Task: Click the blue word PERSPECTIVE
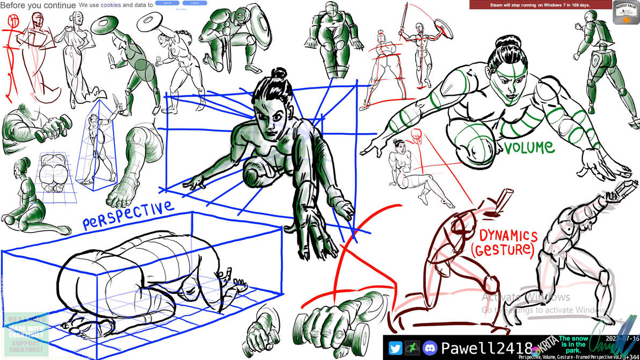click(128, 215)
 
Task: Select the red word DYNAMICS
click(508, 236)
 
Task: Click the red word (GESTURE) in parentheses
click(503, 250)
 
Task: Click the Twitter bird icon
click(395, 348)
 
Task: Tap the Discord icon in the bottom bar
click(430, 348)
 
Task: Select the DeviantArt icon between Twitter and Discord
click(412, 348)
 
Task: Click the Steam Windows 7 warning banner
click(540, 5)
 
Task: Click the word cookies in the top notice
click(111, 5)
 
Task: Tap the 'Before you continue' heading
click(38, 5)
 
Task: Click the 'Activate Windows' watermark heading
click(526, 297)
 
